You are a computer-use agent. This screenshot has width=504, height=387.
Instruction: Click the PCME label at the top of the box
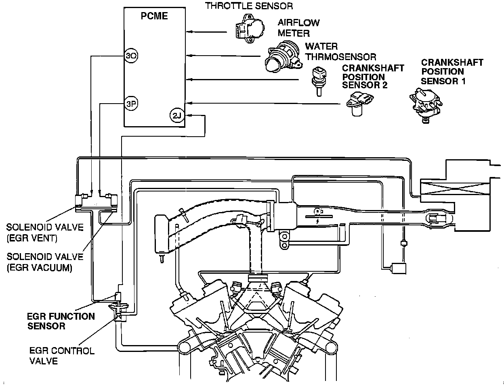tap(154, 17)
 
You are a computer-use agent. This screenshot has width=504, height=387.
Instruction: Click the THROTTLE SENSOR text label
tap(249, 6)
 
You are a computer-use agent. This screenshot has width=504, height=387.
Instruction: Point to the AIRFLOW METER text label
tap(298, 27)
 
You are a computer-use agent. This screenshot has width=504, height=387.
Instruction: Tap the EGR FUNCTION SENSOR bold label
tap(61, 321)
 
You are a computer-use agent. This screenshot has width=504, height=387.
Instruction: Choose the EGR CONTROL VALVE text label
tap(62, 355)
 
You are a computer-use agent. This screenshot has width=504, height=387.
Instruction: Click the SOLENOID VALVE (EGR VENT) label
tap(44, 233)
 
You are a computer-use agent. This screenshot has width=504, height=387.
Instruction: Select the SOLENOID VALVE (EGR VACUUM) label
tap(44, 262)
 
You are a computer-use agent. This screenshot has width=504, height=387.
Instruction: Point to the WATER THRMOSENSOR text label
tap(340, 52)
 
